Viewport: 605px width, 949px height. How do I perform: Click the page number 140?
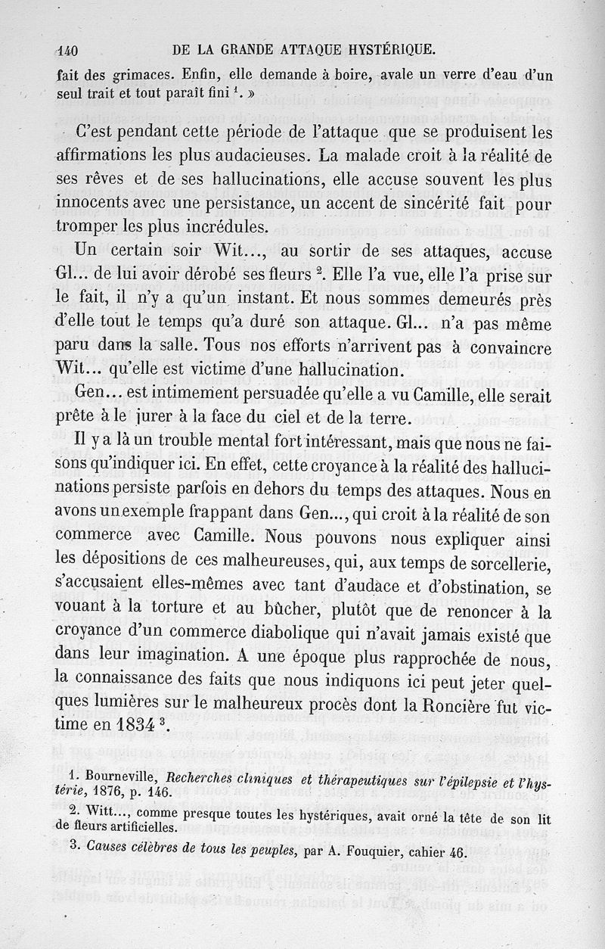[68, 51]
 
